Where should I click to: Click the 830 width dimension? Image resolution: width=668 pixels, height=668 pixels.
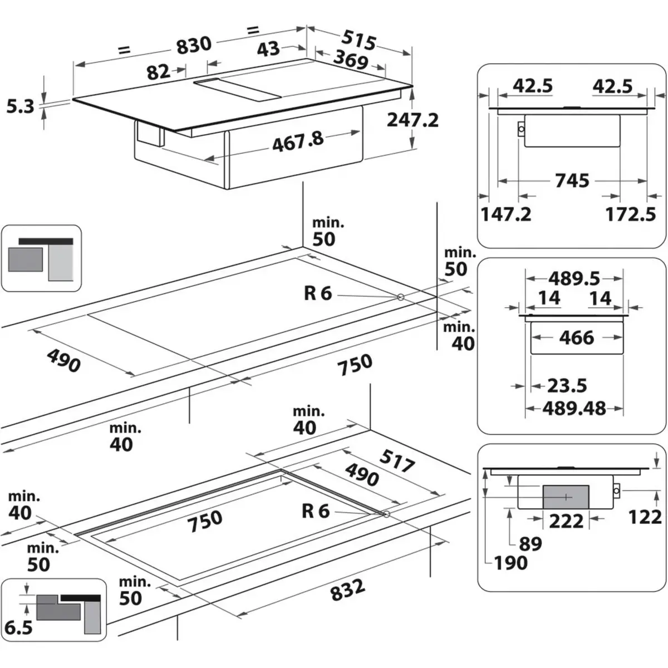(x=194, y=45)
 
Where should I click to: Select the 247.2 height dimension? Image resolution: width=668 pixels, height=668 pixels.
(x=413, y=119)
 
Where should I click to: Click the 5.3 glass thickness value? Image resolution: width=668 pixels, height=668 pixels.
(x=21, y=106)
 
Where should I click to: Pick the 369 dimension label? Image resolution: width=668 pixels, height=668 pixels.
(x=351, y=60)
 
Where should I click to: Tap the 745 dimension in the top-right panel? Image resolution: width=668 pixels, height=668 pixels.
(x=571, y=181)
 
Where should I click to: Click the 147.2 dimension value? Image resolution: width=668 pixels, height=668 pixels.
(x=505, y=214)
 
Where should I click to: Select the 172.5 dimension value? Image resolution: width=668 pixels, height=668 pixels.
(x=630, y=214)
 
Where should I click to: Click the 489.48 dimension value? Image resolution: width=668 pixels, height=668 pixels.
(x=574, y=409)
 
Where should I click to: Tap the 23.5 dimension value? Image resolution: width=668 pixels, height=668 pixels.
(x=567, y=385)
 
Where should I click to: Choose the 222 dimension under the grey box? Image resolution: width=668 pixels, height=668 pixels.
(x=566, y=522)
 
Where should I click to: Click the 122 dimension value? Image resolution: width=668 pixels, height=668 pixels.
(x=645, y=517)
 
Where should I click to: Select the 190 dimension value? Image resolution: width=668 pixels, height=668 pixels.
(x=510, y=563)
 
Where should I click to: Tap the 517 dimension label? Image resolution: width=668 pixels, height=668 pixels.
(x=397, y=461)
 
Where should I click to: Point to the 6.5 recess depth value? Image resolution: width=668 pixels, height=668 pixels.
(x=18, y=628)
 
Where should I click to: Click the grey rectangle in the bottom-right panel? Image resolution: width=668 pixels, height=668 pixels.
(x=566, y=495)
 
